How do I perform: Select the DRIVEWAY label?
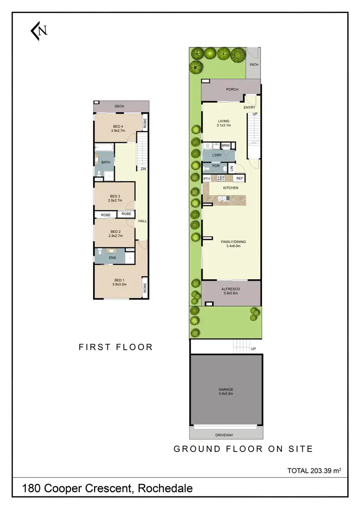[x=225, y=435]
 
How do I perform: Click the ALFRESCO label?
[x=230, y=289]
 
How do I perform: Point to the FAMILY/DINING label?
[x=233, y=242]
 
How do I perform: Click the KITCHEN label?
[x=230, y=188]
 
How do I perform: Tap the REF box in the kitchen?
[x=239, y=178]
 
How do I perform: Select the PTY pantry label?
[x=207, y=179]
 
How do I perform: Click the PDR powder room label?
[x=216, y=166]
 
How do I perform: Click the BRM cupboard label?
[x=226, y=145]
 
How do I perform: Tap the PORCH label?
[x=232, y=90]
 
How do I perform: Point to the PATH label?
[x=254, y=64]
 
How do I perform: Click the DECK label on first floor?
[x=120, y=107]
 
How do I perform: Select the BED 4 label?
[x=118, y=126]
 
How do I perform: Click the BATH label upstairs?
[x=106, y=162]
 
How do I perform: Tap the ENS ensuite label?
[x=113, y=258]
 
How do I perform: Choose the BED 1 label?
[x=118, y=280]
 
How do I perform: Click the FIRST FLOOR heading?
[x=116, y=347]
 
